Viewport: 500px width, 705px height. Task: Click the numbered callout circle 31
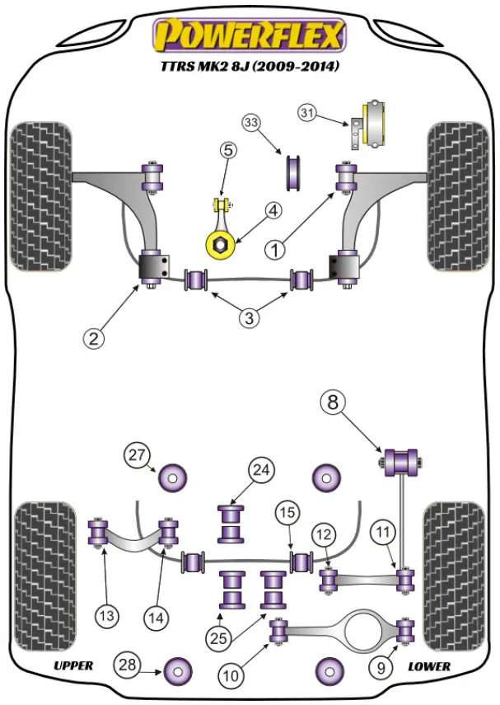[307, 112]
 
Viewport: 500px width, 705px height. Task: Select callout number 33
[251, 124]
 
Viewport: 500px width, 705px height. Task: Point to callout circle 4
[273, 211]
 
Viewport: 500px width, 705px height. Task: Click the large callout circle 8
[334, 403]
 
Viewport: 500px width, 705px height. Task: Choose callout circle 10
[232, 676]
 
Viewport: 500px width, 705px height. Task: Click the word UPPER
[73, 665]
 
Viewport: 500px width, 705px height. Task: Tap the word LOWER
[428, 665]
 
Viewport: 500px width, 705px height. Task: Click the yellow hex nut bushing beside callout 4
[221, 244]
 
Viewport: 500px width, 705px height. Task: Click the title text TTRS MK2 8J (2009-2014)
[250, 66]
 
